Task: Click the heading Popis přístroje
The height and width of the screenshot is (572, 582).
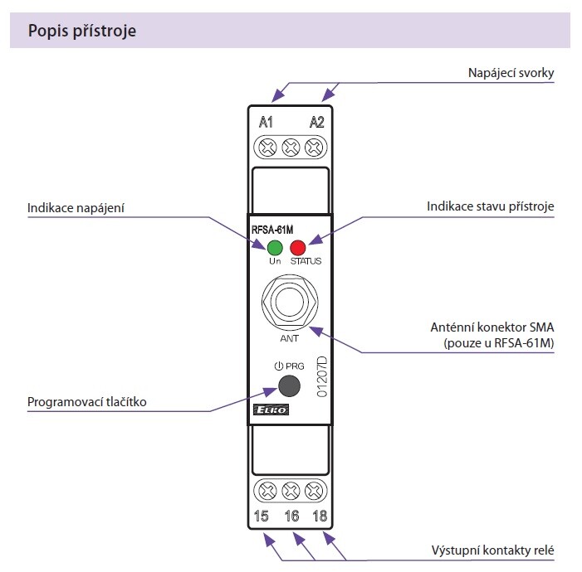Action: [x=82, y=32]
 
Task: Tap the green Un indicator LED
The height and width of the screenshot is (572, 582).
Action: [x=275, y=246]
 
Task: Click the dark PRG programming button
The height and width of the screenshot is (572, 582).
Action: [x=289, y=385]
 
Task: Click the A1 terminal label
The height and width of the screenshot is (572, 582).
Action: [x=266, y=123]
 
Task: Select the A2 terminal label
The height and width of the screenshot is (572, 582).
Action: [x=317, y=123]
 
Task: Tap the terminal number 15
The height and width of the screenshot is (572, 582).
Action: [x=261, y=517]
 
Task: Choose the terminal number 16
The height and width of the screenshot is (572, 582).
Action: [x=291, y=517]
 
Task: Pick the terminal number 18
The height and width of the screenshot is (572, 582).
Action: [x=320, y=517]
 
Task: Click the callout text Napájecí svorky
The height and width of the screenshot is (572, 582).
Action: [x=511, y=73]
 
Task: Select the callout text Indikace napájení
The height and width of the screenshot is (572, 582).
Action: [x=76, y=207]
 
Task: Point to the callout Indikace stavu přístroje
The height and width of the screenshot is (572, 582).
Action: [x=490, y=206]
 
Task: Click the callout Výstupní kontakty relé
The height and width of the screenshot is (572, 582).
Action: [x=492, y=551]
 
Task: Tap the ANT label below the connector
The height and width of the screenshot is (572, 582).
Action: [x=290, y=338]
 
